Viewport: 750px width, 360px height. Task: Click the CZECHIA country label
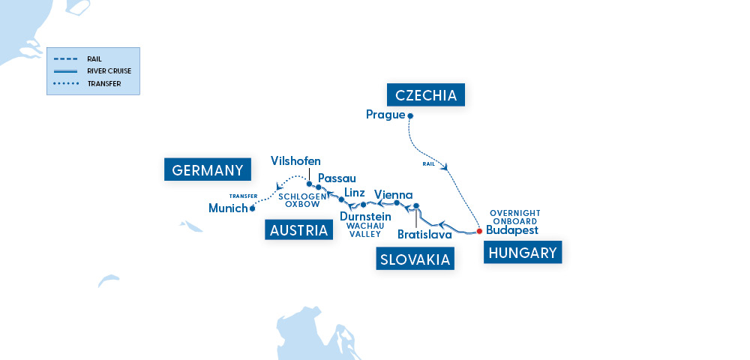pyautogui.click(x=426, y=95)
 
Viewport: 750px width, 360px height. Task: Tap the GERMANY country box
pyautogui.click(x=207, y=170)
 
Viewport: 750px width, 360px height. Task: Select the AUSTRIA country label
pyautogui.click(x=298, y=229)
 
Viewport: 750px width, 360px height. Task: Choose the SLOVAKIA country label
pyautogui.click(x=414, y=259)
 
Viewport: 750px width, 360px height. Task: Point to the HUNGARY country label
pyautogui.click(x=523, y=253)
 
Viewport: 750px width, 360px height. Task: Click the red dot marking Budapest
pyautogui.click(x=479, y=231)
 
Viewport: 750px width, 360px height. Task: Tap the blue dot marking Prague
pyautogui.click(x=410, y=115)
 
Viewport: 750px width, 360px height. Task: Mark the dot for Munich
pyautogui.click(x=252, y=208)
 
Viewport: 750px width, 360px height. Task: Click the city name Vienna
pyautogui.click(x=393, y=194)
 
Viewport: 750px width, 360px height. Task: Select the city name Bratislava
pyautogui.click(x=424, y=235)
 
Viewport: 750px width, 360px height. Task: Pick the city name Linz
pyautogui.click(x=355, y=193)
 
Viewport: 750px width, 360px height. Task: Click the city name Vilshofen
pyautogui.click(x=295, y=161)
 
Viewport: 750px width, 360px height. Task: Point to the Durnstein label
pyautogui.click(x=365, y=217)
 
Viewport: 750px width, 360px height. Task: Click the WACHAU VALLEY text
pyautogui.click(x=365, y=230)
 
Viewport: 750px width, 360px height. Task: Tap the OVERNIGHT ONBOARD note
pyautogui.click(x=514, y=216)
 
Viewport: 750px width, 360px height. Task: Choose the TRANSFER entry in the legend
pyautogui.click(x=103, y=83)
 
